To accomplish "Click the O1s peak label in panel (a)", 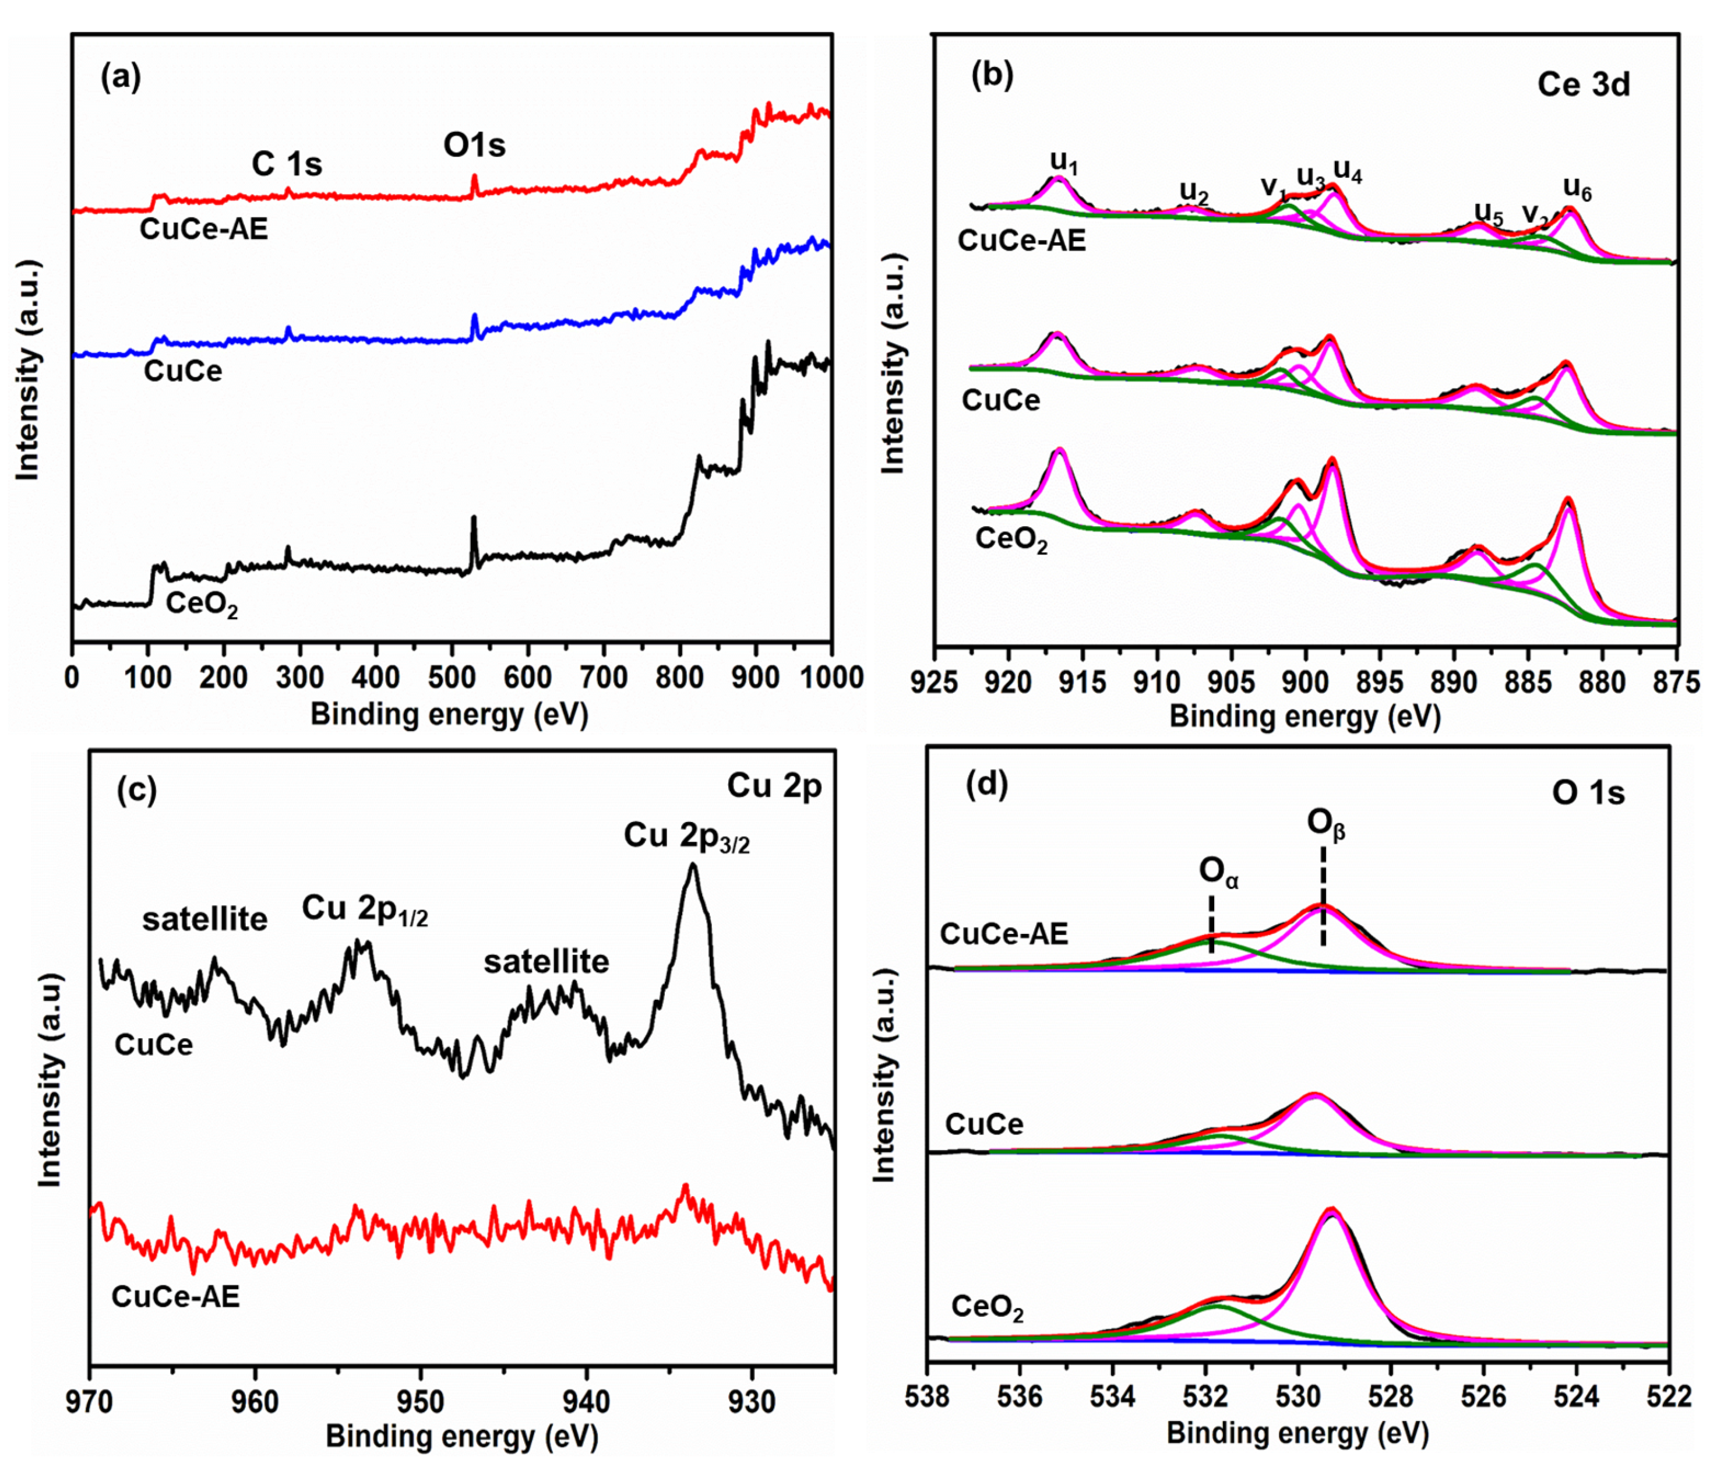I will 474,146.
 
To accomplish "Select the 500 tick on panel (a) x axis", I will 451,678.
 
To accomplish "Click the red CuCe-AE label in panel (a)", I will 204,229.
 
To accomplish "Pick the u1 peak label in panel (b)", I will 1063,161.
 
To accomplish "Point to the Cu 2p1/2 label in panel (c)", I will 365,909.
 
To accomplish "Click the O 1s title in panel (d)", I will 1588,793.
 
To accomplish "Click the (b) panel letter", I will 992,76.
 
